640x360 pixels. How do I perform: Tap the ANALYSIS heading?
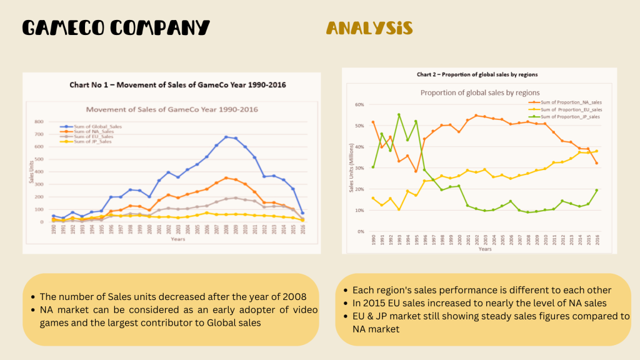click(369, 28)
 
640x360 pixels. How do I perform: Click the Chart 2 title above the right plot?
click(477, 74)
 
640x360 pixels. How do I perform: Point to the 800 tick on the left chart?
click(39, 122)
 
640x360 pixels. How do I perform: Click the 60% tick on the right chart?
click(359, 104)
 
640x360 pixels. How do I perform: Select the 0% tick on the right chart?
click(361, 232)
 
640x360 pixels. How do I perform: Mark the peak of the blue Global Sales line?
click(226, 137)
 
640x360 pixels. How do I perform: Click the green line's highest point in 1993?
click(399, 114)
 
